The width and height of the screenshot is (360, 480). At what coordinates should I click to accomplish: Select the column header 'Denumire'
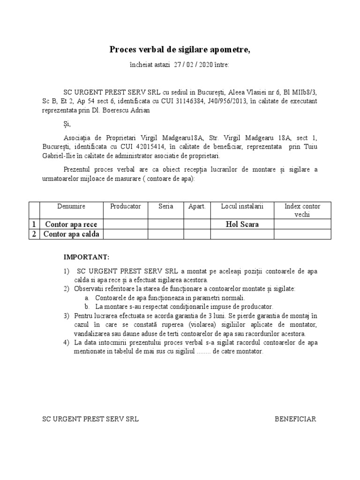(71, 206)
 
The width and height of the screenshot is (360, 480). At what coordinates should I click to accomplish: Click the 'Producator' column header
(125, 206)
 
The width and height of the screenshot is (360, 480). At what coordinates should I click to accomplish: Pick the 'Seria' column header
(166, 206)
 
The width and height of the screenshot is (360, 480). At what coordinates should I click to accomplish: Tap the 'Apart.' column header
(197, 206)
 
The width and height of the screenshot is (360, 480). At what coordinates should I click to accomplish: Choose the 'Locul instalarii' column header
(242, 206)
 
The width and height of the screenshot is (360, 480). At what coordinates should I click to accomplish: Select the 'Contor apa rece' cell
(71, 225)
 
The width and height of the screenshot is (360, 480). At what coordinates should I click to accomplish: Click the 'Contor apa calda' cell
(71, 234)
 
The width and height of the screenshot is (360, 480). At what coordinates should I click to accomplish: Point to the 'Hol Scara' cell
(242, 225)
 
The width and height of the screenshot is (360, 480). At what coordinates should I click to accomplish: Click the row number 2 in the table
(34, 234)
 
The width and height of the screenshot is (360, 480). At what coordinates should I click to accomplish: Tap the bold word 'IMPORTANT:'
(86, 257)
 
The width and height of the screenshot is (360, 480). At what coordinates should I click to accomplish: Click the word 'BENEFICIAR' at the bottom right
(295, 419)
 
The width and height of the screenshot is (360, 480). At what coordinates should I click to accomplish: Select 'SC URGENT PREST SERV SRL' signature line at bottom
(90, 419)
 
